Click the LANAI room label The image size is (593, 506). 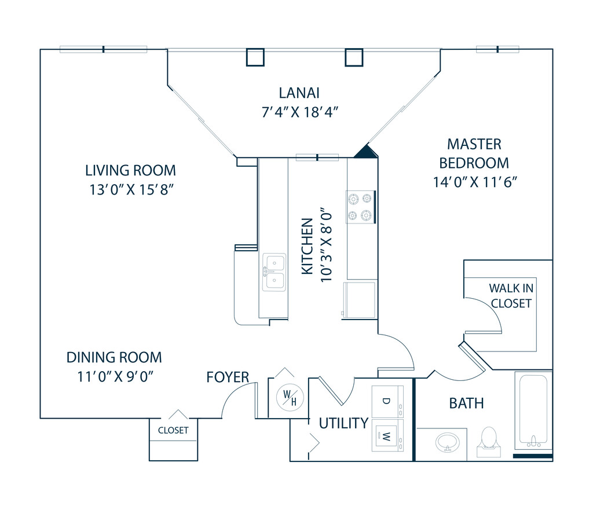299,93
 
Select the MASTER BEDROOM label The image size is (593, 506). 474,153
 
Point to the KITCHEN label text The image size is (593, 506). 308,247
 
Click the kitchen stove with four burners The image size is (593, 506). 360,207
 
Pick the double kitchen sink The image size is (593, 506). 274,272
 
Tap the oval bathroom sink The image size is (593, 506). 447,442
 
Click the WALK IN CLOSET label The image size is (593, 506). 510,295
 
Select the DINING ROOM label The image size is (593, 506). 114,357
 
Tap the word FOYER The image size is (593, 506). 228,377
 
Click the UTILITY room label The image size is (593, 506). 343,423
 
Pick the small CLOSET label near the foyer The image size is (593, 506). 173,430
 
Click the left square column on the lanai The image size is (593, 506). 255,57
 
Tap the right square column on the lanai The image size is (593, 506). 354,57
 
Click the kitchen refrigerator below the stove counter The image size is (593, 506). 360,299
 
